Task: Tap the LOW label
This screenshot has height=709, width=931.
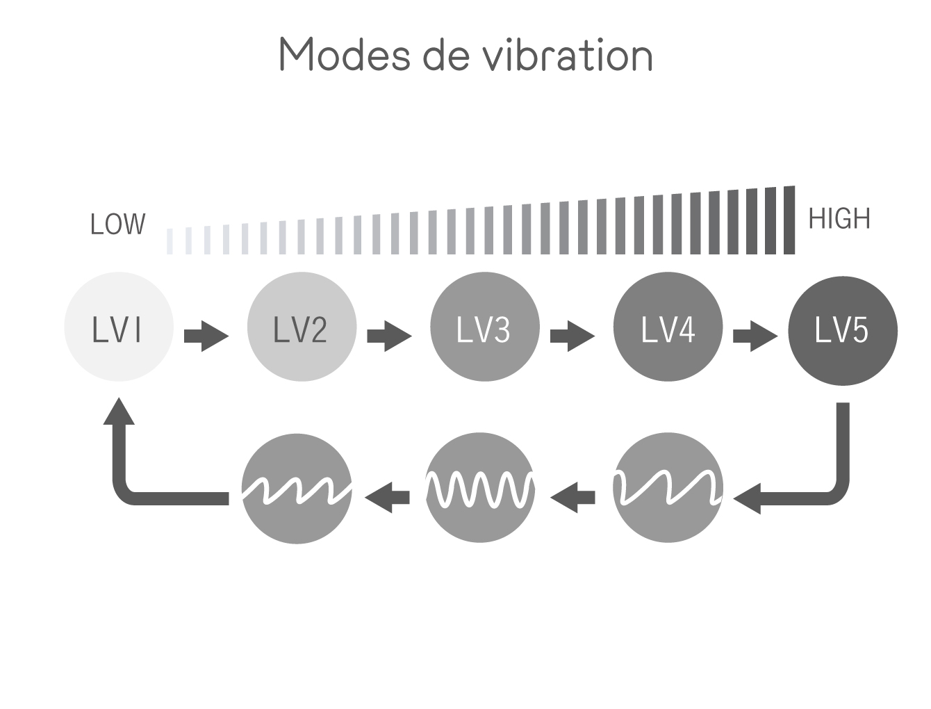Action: tap(118, 225)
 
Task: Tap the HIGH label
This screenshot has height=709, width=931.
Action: tap(839, 220)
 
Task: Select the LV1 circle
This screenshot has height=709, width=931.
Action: tap(118, 327)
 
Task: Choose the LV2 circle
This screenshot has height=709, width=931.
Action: tap(302, 327)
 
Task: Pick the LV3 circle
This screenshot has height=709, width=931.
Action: tap(484, 327)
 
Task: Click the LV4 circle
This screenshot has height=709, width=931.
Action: tap(668, 327)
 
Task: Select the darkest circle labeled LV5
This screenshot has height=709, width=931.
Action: tap(842, 331)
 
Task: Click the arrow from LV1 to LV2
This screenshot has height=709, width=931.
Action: tap(206, 336)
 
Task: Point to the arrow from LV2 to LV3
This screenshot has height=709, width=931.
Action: tap(389, 336)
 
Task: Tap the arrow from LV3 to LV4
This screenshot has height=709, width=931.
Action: tap(572, 336)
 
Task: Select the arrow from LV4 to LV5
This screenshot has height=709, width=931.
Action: tap(755, 336)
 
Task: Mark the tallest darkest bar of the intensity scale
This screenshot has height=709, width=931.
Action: tap(789, 220)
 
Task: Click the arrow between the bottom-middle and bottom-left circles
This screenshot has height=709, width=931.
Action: tap(388, 497)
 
